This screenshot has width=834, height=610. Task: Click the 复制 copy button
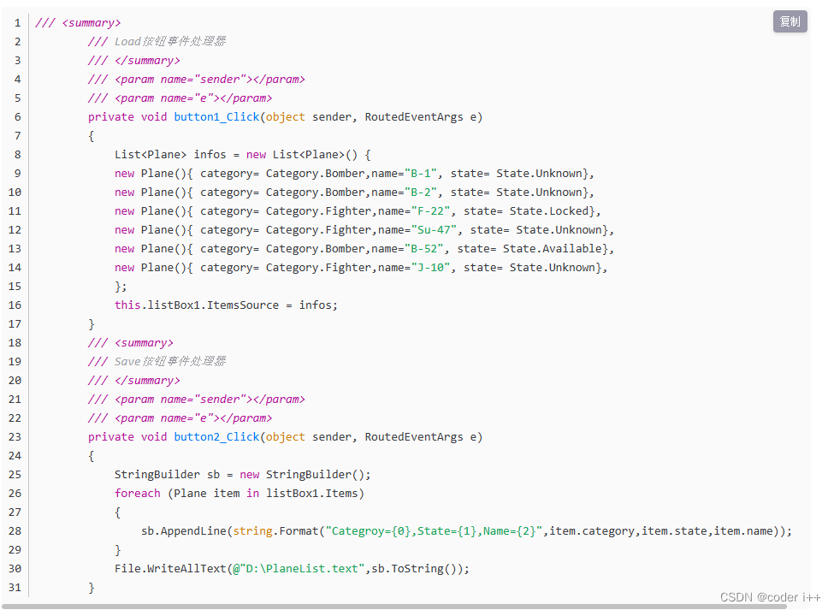(790, 21)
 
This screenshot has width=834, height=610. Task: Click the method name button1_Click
(216, 117)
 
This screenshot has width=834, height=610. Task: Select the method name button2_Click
(216, 437)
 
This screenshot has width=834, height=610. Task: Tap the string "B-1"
(421, 174)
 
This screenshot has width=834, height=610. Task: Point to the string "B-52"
(424, 249)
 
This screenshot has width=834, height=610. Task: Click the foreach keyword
(138, 494)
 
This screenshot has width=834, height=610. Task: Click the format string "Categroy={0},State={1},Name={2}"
(434, 531)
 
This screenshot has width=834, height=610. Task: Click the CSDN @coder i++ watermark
(770, 597)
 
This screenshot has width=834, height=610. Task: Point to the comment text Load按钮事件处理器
(170, 42)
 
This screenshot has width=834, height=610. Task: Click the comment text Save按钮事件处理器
(170, 362)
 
